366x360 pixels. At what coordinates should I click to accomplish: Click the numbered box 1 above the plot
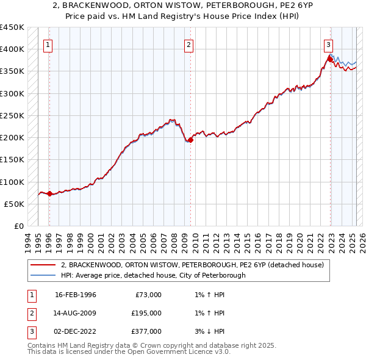(x=48, y=44)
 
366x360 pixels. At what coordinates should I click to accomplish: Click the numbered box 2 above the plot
(x=189, y=44)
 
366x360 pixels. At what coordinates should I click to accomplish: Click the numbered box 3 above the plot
(x=328, y=44)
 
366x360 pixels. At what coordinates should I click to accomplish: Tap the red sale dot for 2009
(x=190, y=140)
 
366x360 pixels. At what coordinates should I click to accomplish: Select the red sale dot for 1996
(x=49, y=194)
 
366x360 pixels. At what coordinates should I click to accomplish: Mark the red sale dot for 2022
(x=330, y=59)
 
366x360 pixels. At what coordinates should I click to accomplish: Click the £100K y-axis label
(x=12, y=182)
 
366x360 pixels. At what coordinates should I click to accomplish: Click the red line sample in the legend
(x=43, y=265)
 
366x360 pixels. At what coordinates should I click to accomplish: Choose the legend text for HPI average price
(x=152, y=275)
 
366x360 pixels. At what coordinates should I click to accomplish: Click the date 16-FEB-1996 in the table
(x=76, y=295)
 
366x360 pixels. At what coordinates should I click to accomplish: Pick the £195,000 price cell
(x=146, y=313)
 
